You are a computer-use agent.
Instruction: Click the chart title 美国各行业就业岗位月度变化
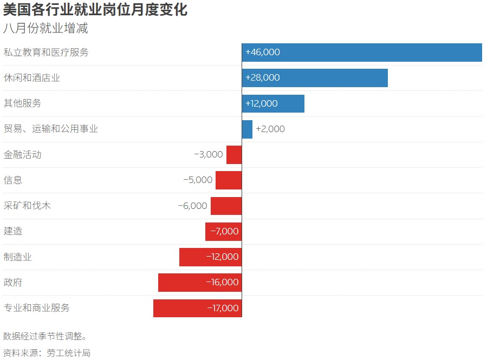click(95, 10)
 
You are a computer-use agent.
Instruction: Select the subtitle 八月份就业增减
click(46, 28)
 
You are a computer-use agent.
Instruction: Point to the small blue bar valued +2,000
click(247, 129)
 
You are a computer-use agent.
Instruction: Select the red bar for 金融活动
click(234, 155)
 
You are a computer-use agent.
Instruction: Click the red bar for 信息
click(229, 180)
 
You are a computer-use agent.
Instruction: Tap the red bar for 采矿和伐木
click(226, 206)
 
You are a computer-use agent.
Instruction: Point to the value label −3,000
click(209, 155)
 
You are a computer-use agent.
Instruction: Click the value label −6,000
click(192, 206)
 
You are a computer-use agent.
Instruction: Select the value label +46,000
click(263, 53)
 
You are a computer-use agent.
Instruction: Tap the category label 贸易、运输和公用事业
click(51, 129)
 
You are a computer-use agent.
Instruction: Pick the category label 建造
click(13, 231)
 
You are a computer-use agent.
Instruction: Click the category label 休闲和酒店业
click(32, 78)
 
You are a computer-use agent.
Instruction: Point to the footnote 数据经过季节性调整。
click(45, 336)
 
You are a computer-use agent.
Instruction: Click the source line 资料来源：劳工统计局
click(47, 353)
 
